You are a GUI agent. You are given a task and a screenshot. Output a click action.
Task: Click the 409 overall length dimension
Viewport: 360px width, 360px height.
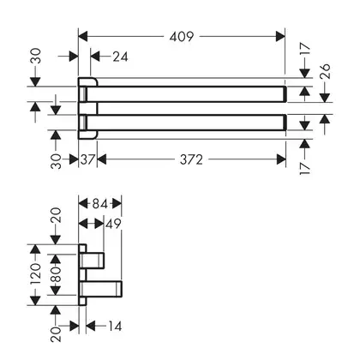coord(182,37)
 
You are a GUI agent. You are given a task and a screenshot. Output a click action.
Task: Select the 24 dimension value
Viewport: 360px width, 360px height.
coord(120,57)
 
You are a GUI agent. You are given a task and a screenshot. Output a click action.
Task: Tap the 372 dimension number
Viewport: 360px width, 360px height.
coord(191,159)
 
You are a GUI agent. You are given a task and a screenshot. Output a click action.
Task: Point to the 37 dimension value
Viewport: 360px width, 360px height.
coord(87,159)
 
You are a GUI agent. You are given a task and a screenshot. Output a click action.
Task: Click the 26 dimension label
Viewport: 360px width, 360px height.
coord(325,71)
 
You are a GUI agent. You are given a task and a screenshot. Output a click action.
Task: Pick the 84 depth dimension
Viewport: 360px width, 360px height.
coord(100,204)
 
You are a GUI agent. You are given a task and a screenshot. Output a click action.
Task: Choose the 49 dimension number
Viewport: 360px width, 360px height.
coord(113,224)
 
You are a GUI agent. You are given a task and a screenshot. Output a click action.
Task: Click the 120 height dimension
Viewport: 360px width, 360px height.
coord(35,275)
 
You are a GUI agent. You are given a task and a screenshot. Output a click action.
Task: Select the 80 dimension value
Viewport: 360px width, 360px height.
coord(56,274)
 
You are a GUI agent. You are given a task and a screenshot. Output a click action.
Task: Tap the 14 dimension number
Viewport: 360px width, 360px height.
coord(115,326)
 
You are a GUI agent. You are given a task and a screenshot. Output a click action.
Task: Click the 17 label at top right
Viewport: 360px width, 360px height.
coord(305,49)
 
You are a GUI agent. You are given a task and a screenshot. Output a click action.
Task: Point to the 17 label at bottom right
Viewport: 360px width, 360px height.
coord(305,169)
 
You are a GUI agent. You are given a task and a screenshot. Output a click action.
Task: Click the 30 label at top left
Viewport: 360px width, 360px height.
coord(35,56)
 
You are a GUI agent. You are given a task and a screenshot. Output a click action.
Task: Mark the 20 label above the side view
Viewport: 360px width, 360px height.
coord(56,215)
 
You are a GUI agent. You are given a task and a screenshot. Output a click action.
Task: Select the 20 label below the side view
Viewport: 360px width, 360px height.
coord(56,334)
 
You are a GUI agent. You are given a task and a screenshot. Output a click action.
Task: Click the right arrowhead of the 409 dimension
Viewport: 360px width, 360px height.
coord(280,37)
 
